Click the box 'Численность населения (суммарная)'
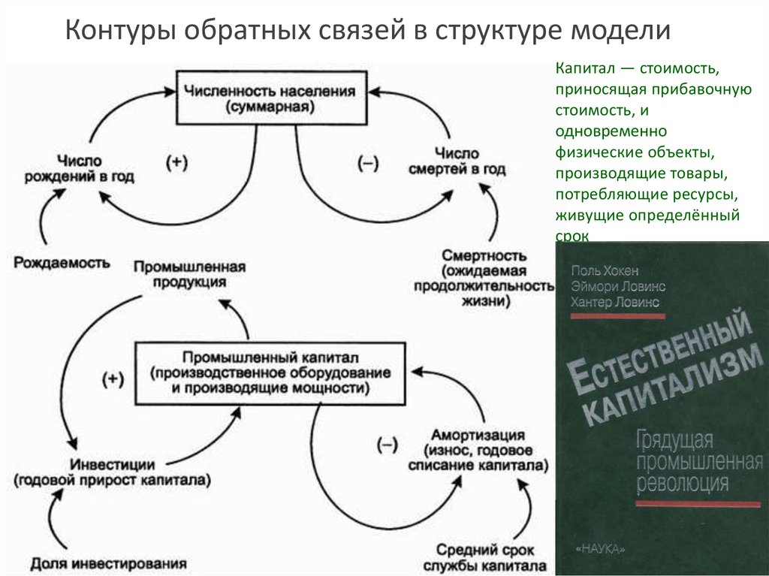coord(273,98)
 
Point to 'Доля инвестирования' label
coord(108,562)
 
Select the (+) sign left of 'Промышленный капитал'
coord(112,378)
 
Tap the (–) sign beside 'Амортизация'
coord(388,443)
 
